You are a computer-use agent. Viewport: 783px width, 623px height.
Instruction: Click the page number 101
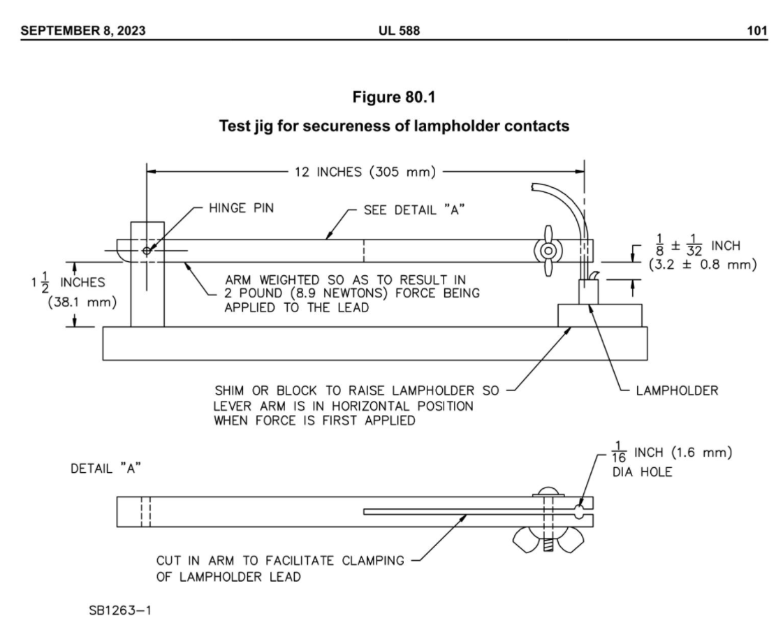click(756, 31)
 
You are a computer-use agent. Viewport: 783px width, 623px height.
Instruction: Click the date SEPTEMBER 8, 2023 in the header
click(83, 31)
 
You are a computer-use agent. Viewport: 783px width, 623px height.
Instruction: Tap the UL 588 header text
click(399, 31)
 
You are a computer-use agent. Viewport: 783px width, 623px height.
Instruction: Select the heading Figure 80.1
click(394, 97)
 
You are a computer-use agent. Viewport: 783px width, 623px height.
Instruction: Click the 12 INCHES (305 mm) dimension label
click(365, 173)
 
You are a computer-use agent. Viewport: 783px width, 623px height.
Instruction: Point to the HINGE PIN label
click(241, 208)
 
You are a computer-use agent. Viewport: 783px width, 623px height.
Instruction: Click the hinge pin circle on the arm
click(146, 251)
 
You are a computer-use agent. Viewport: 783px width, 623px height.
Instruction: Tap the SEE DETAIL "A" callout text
click(414, 210)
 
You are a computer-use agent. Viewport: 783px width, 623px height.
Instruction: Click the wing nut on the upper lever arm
click(548, 251)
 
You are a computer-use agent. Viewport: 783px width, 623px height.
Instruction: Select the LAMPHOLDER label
click(677, 390)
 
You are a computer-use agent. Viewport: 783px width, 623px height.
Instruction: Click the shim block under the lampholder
click(600, 316)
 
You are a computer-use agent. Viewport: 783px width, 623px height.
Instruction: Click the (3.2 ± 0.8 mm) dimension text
click(703, 265)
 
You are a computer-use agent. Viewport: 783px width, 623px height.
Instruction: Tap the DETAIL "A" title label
click(105, 469)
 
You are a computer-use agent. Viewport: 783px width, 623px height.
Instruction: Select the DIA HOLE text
click(642, 471)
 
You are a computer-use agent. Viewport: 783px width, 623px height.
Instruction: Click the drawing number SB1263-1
click(120, 610)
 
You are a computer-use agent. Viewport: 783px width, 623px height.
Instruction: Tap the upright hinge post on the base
click(147, 274)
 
